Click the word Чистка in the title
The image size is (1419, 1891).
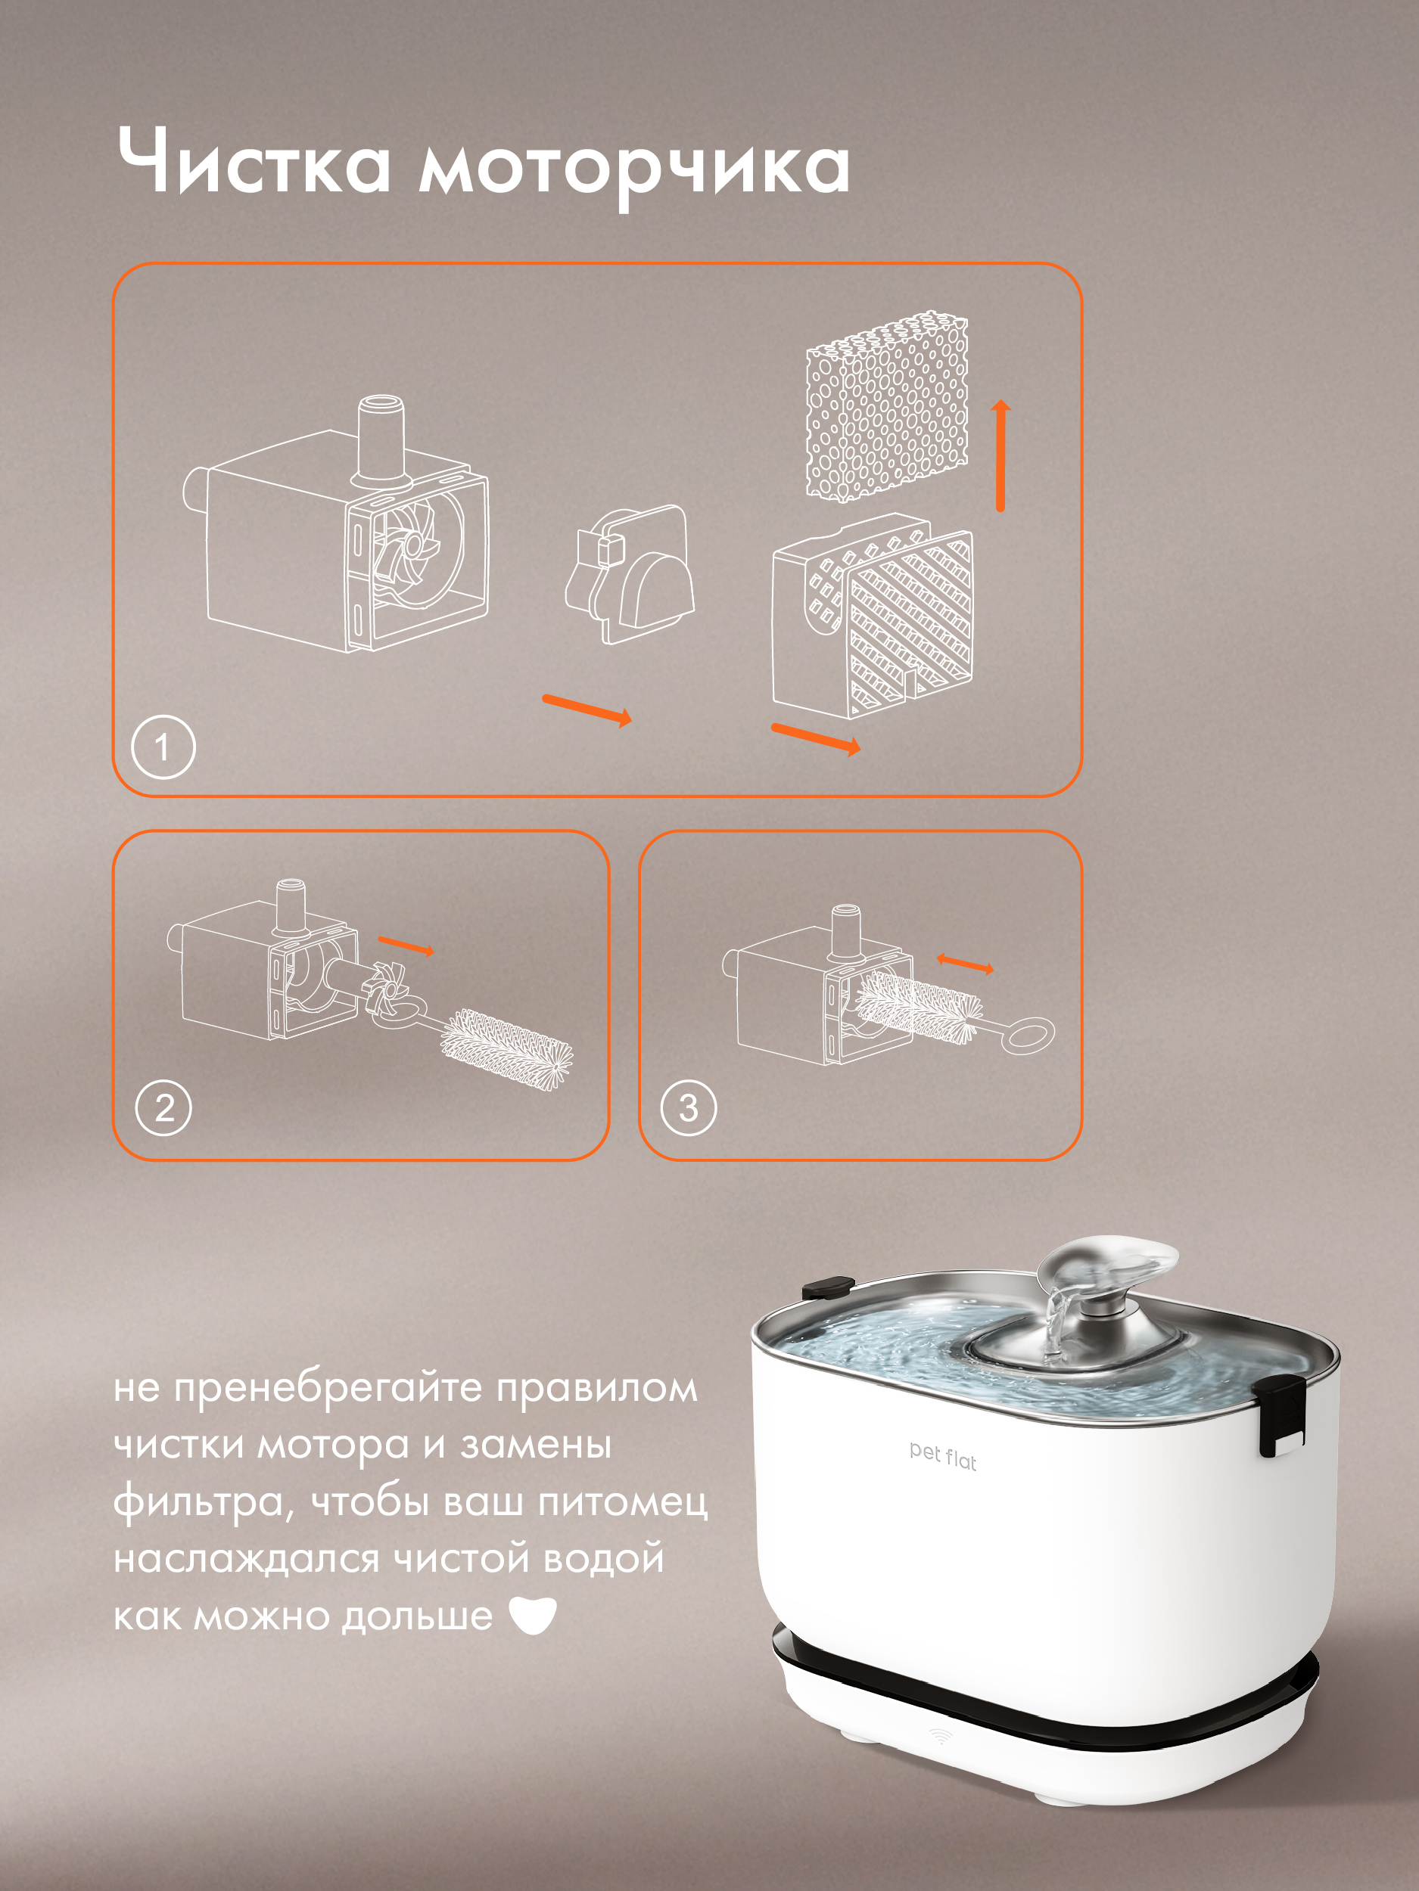tap(254, 160)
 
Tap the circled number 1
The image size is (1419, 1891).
tap(163, 747)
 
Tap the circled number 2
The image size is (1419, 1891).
tap(163, 1108)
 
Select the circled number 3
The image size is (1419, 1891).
tap(689, 1108)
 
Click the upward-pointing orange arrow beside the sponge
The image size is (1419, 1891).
tap(1000, 455)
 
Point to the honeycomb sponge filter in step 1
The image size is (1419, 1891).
tap(887, 406)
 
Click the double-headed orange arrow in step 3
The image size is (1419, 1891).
tap(965, 964)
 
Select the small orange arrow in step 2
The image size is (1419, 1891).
tap(406, 945)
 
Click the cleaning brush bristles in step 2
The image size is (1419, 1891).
tap(506, 1048)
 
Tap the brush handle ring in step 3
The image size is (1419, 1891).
tap(1027, 1035)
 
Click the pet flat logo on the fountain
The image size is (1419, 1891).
tap(942, 1456)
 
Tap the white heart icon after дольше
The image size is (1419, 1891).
tap(532, 1615)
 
